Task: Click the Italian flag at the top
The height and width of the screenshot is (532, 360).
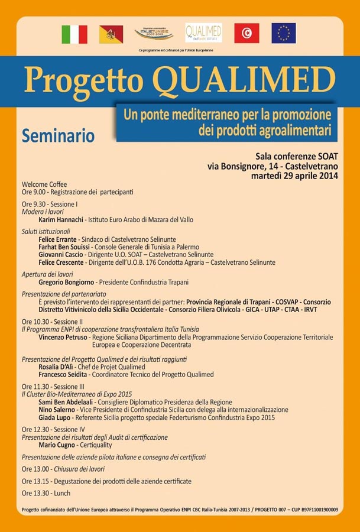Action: [x=74, y=34]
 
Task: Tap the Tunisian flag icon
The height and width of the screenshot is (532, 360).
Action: [x=247, y=33]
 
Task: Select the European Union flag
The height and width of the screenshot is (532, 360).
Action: [x=284, y=33]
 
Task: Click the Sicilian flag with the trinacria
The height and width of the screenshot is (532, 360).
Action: [x=111, y=34]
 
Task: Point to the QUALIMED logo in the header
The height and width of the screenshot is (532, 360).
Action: [x=203, y=32]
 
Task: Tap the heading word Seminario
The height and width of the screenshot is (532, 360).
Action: [x=58, y=136]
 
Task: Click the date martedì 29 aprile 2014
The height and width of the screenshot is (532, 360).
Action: [x=294, y=176]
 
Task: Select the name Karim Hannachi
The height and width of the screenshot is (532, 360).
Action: [x=60, y=219]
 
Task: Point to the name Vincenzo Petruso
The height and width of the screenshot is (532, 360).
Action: [x=63, y=337]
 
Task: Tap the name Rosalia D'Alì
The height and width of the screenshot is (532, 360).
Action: [x=56, y=366]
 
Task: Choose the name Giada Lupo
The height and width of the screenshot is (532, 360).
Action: [x=55, y=417]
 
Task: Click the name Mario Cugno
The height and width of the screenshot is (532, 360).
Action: [x=57, y=445]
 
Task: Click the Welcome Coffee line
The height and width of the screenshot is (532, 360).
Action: [x=44, y=184]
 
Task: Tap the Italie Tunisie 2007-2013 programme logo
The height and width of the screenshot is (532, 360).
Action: [x=154, y=33]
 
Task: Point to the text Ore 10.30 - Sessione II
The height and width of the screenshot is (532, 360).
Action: [x=52, y=322]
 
